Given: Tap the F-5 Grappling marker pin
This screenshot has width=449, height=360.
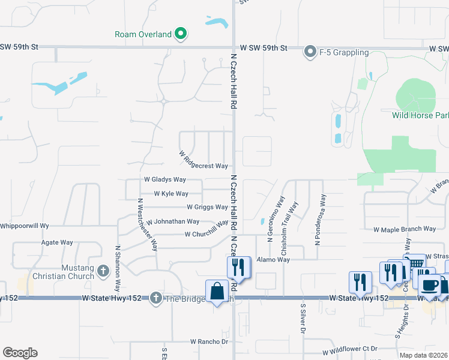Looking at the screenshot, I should tap(310, 52).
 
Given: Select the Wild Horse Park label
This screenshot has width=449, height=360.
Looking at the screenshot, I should tap(420, 115).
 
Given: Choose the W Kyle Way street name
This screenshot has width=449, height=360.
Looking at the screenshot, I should tap(171, 194).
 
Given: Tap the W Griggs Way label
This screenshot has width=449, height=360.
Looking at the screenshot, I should tap(207, 207).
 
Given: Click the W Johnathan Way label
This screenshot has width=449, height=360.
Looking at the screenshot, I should tap(173, 221).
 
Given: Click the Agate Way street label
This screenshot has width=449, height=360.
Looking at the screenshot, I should tap(57, 242).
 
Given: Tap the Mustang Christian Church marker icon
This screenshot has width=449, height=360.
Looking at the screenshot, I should tap(103, 271).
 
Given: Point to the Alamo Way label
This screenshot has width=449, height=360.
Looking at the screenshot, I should tap(273, 260).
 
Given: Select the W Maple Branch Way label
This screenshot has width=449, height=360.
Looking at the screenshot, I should tap(405, 229).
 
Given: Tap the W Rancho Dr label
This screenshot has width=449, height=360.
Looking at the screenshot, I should tap(210, 341).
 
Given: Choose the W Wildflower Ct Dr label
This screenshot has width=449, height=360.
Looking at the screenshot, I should tap(349, 349).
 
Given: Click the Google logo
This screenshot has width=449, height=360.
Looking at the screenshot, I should tap(20, 353).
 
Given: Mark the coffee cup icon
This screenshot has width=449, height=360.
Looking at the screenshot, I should tap(430, 285).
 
